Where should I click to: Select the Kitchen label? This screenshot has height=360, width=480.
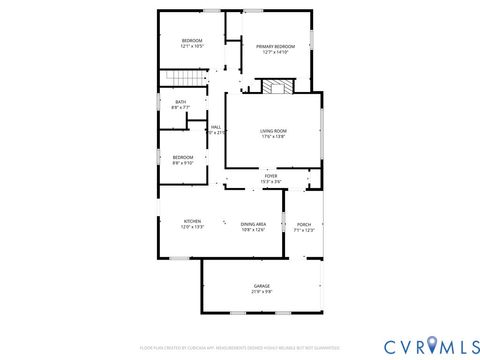coord(192,221)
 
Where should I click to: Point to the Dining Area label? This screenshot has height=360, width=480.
coord(253,223)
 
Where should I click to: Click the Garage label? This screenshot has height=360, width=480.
coord(261,286)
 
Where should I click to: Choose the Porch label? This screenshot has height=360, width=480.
coord(304,224)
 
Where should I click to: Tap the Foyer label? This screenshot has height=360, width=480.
coord(271,175)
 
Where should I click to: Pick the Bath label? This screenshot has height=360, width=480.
coord(181,101)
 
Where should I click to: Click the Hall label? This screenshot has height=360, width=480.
coord(216,126)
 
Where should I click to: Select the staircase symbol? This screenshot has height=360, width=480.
coord(178,79)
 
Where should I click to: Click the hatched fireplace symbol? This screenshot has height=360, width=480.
coord(276,88)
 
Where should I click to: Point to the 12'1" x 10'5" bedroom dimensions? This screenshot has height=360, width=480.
coord(192,47)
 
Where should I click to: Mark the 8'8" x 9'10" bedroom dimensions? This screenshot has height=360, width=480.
coord(182,162)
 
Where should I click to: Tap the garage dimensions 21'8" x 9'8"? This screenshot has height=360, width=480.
coord(261,292)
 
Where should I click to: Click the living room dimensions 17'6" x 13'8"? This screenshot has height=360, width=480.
coord(273,137)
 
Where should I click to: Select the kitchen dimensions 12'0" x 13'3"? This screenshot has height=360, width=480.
coord(192,228)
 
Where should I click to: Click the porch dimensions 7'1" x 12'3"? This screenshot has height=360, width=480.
coord(304,230)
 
